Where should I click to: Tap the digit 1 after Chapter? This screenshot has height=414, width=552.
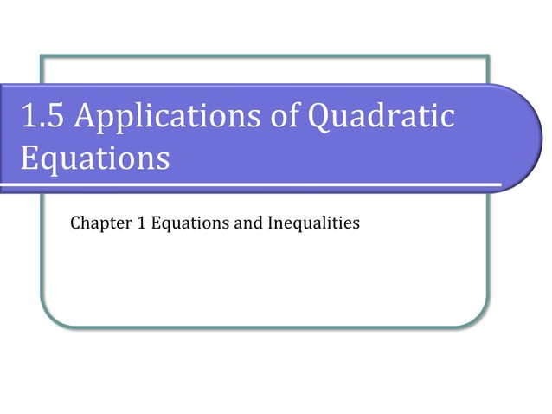tap(141, 223)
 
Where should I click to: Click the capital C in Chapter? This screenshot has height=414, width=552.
tap(75, 223)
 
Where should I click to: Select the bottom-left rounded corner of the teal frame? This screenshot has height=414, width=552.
tap(48, 320)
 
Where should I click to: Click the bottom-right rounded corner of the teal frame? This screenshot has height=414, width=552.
tap(480, 320)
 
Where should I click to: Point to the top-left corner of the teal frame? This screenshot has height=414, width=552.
tap(42, 57)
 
